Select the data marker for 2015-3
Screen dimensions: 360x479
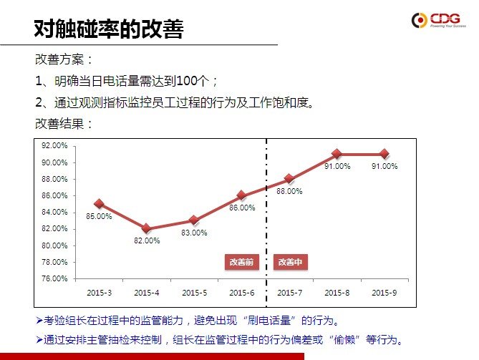99,204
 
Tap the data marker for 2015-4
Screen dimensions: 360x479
146,228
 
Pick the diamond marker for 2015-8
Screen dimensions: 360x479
337,154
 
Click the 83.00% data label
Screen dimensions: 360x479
194,233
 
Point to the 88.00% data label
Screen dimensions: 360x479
289,191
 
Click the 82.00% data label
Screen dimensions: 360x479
147,240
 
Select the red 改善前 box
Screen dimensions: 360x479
241,262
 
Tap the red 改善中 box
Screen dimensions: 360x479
290,262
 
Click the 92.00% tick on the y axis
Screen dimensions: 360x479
55,145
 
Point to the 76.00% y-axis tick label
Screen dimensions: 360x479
55,278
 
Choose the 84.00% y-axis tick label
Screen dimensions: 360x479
55,212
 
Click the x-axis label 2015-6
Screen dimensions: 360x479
241,293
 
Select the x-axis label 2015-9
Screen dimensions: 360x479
384,293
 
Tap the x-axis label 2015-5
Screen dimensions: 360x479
194,293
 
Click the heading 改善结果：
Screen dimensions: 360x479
64,123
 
